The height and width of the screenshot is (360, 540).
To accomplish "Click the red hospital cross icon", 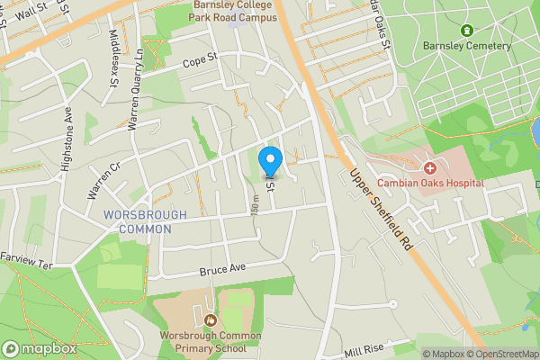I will (x=430, y=167).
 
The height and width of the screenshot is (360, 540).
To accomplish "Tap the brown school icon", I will (x=211, y=319).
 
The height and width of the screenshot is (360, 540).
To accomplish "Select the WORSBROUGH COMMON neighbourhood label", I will (x=145, y=221).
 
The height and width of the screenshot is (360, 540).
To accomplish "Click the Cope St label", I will (x=201, y=60).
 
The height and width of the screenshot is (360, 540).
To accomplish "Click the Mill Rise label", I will (x=364, y=349).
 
